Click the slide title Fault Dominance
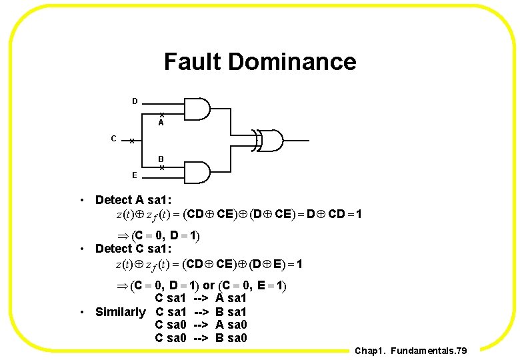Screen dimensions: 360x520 pos(260,62)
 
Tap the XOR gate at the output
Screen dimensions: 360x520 pos(271,141)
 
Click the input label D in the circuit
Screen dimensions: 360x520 pos(135,101)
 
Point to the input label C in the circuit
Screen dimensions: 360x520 pos(114,139)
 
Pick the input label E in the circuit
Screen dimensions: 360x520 pos(135,175)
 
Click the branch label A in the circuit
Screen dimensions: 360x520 pos(161,123)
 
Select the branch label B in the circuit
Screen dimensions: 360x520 pos(161,159)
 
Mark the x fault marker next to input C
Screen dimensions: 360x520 pos(133,141)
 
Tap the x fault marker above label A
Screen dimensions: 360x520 pos(161,115)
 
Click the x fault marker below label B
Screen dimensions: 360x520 pos(161,167)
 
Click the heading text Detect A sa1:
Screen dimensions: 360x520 pos(133,200)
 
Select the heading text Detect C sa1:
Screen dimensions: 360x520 pos(133,249)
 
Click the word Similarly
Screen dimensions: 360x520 pos(120,312)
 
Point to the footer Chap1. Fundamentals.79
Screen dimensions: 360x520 pos(411,350)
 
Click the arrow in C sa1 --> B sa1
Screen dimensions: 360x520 pos(201,312)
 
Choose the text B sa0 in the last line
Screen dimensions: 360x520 pos(231,338)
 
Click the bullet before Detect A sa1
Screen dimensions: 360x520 pos(81,200)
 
